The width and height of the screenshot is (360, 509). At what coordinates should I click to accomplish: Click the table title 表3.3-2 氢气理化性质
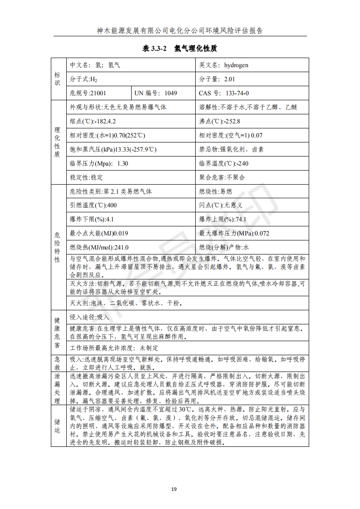[x=180, y=49]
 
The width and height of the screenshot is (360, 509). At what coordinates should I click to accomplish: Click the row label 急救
[x=57, y=363]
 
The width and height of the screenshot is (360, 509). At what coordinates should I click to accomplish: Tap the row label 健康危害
[x=57, y=332]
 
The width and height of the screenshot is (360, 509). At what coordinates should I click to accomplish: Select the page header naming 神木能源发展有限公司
[x=180, y=31]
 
